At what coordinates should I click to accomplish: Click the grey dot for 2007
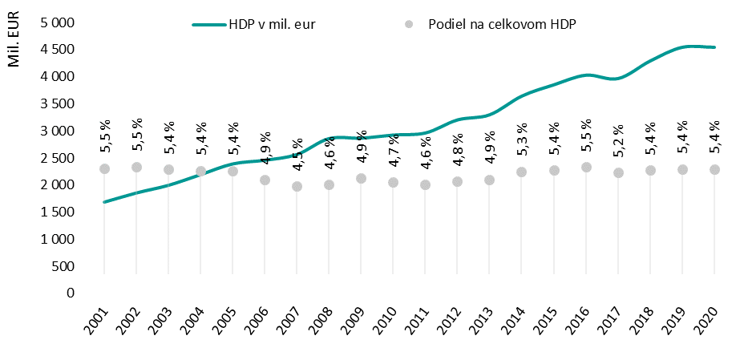tap(297, 186)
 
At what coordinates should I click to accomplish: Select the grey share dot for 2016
tap(586, 167)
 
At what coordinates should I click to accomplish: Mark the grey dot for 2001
tap(104, 168)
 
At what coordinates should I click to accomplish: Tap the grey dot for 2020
tap(714, 169)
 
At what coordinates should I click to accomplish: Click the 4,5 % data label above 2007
tap(297, 155)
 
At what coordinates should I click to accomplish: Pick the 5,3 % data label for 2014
tap(522, 136)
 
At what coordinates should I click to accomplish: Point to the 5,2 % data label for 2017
tap(618, 138)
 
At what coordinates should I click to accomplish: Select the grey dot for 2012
tap(458, 181)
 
